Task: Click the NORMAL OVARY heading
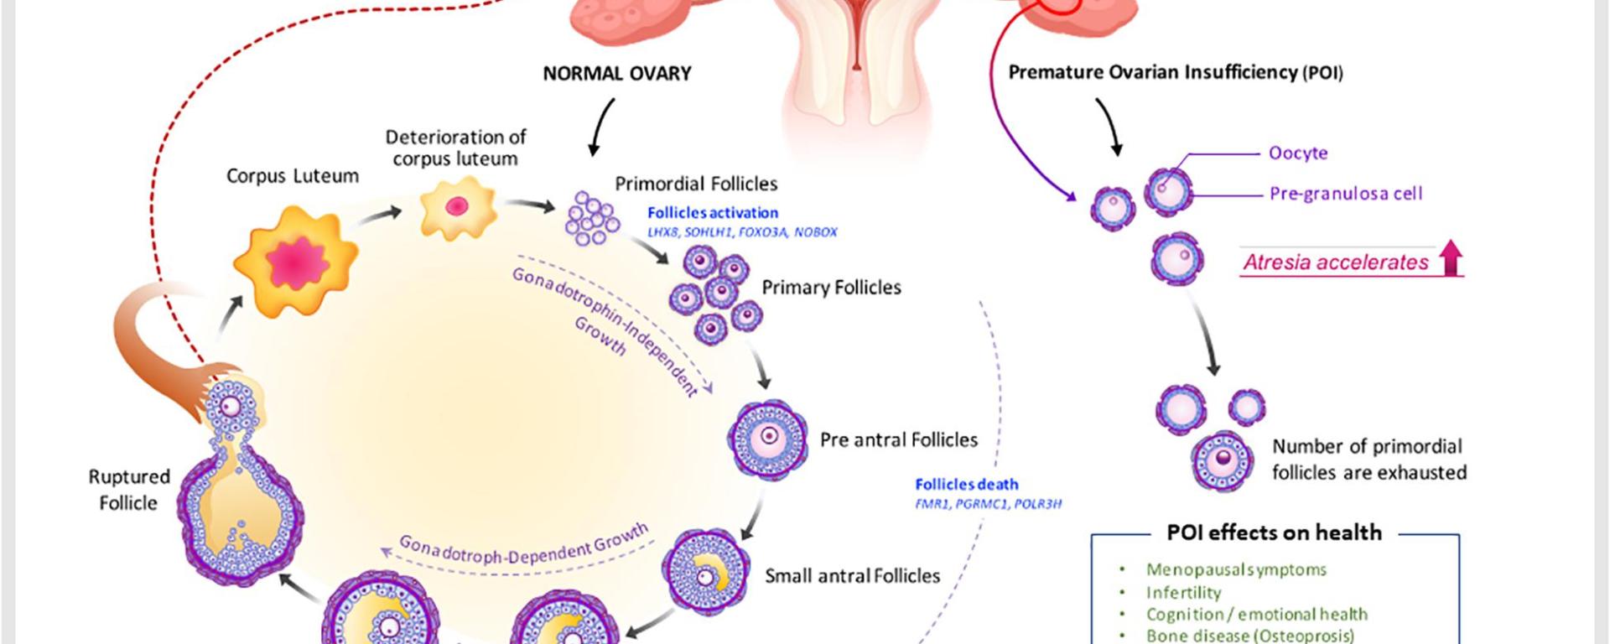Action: tap(617, 74)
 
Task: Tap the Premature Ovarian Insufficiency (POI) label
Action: tap(1175, 73)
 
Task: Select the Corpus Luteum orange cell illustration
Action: tap(294, 262)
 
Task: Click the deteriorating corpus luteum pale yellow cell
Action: tap(456, 207)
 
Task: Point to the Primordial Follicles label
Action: tap(696, 184)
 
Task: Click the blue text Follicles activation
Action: tap(713, 213)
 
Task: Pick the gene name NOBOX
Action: tap(815, 232)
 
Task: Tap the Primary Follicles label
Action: tap(831, 288)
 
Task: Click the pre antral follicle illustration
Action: tap(767, 439)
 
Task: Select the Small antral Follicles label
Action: tap(852, 576)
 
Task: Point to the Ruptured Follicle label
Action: tap(128, 490)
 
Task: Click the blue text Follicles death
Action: tap(966, 485)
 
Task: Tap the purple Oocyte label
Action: tap(1298, 153)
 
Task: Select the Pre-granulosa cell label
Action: tap(1345, 194)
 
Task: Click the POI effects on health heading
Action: tap(1274, 532)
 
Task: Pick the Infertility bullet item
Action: tap(1183, 593)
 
